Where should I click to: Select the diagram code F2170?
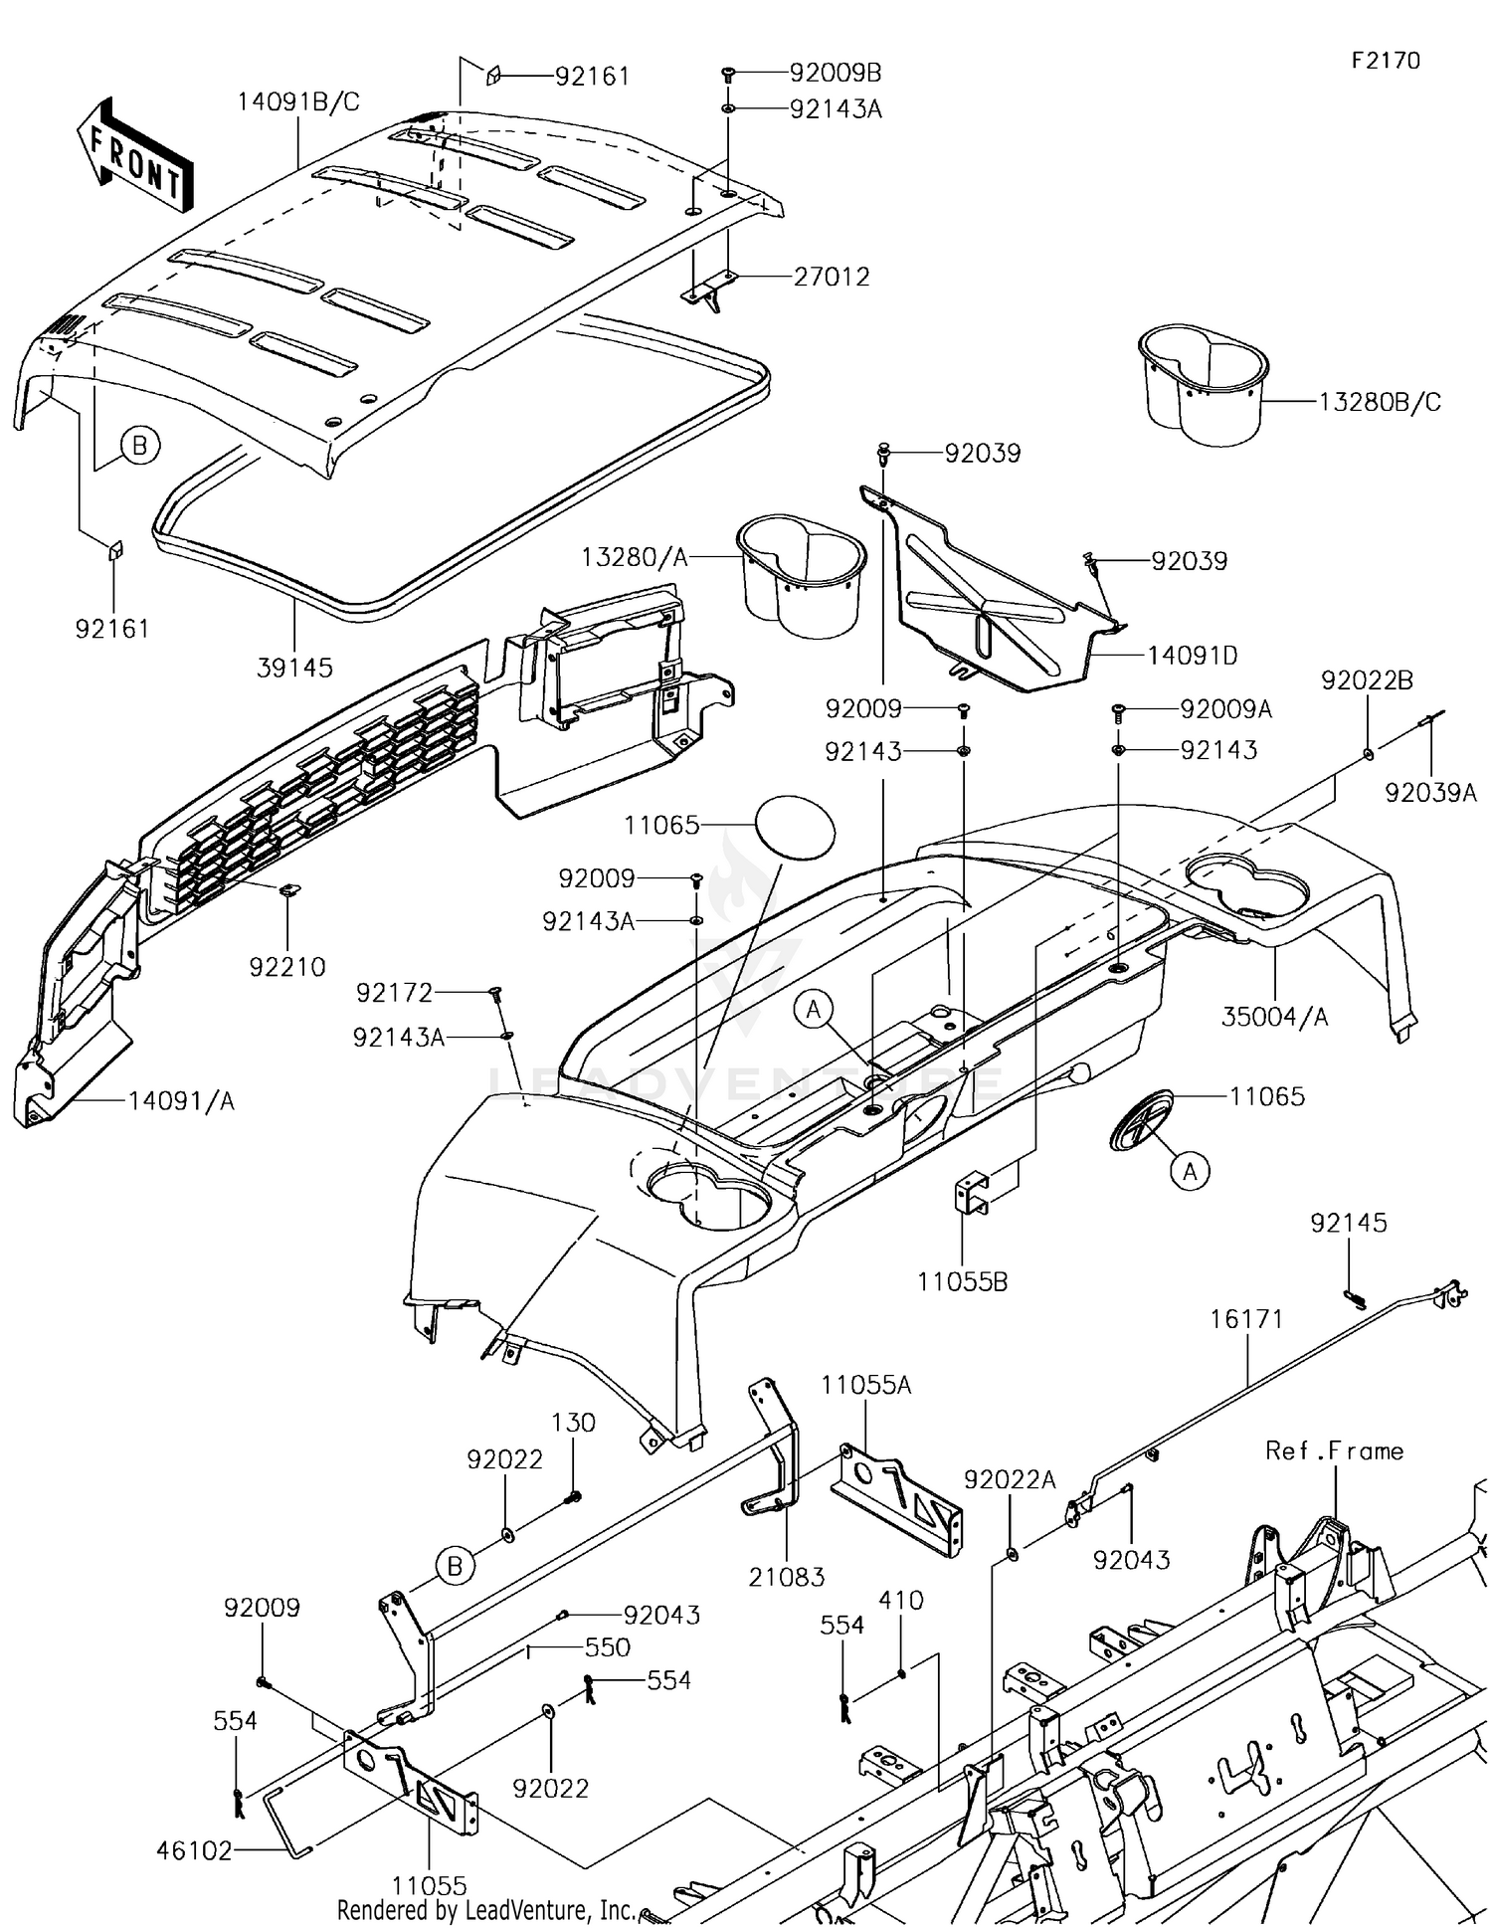[1385, 61]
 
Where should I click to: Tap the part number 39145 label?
[294, 669]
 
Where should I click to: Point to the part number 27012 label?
[831, 277]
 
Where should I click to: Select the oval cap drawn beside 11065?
[796, 826]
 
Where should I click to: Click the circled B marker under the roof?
[140, 446]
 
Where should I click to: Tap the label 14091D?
[1192, 656]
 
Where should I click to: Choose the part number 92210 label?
[286, 966]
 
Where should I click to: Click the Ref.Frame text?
[1334, 1451]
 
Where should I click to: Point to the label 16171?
[1246, 1319]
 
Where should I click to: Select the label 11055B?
[962, 1282]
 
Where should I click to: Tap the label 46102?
[194, 1850]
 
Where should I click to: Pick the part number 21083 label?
[787, 1577]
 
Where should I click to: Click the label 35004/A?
[1274, 1017]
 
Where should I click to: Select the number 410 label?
[901, 1600]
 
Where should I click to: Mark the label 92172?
[394, 993]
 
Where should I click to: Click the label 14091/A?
[181, 1101]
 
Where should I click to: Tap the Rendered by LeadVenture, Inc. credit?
[485, 1910]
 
